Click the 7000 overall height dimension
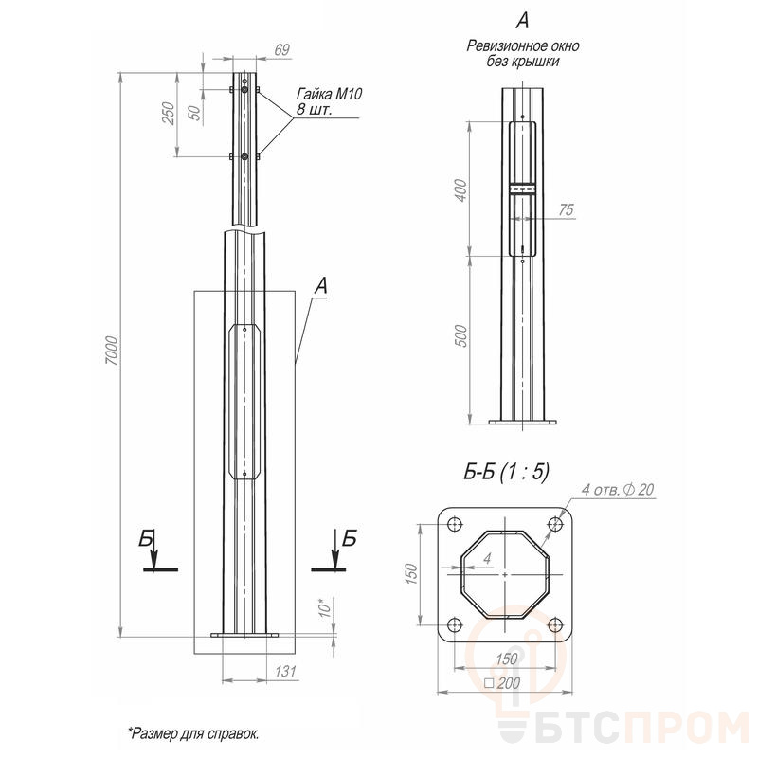click(x=111, y=351)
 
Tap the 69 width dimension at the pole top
click(x=281, y=50)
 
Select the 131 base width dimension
click(x=285, y=672)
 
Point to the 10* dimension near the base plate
click(x=326, y=607)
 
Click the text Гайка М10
click(x=329, y=94)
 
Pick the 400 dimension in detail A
click(x=461, y=190)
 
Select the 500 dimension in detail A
click(x=461, y=335)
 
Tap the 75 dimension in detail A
click(x=566, y=209)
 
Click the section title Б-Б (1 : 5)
click(x=506, y=471)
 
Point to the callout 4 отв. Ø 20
click(x=618, y=490)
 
